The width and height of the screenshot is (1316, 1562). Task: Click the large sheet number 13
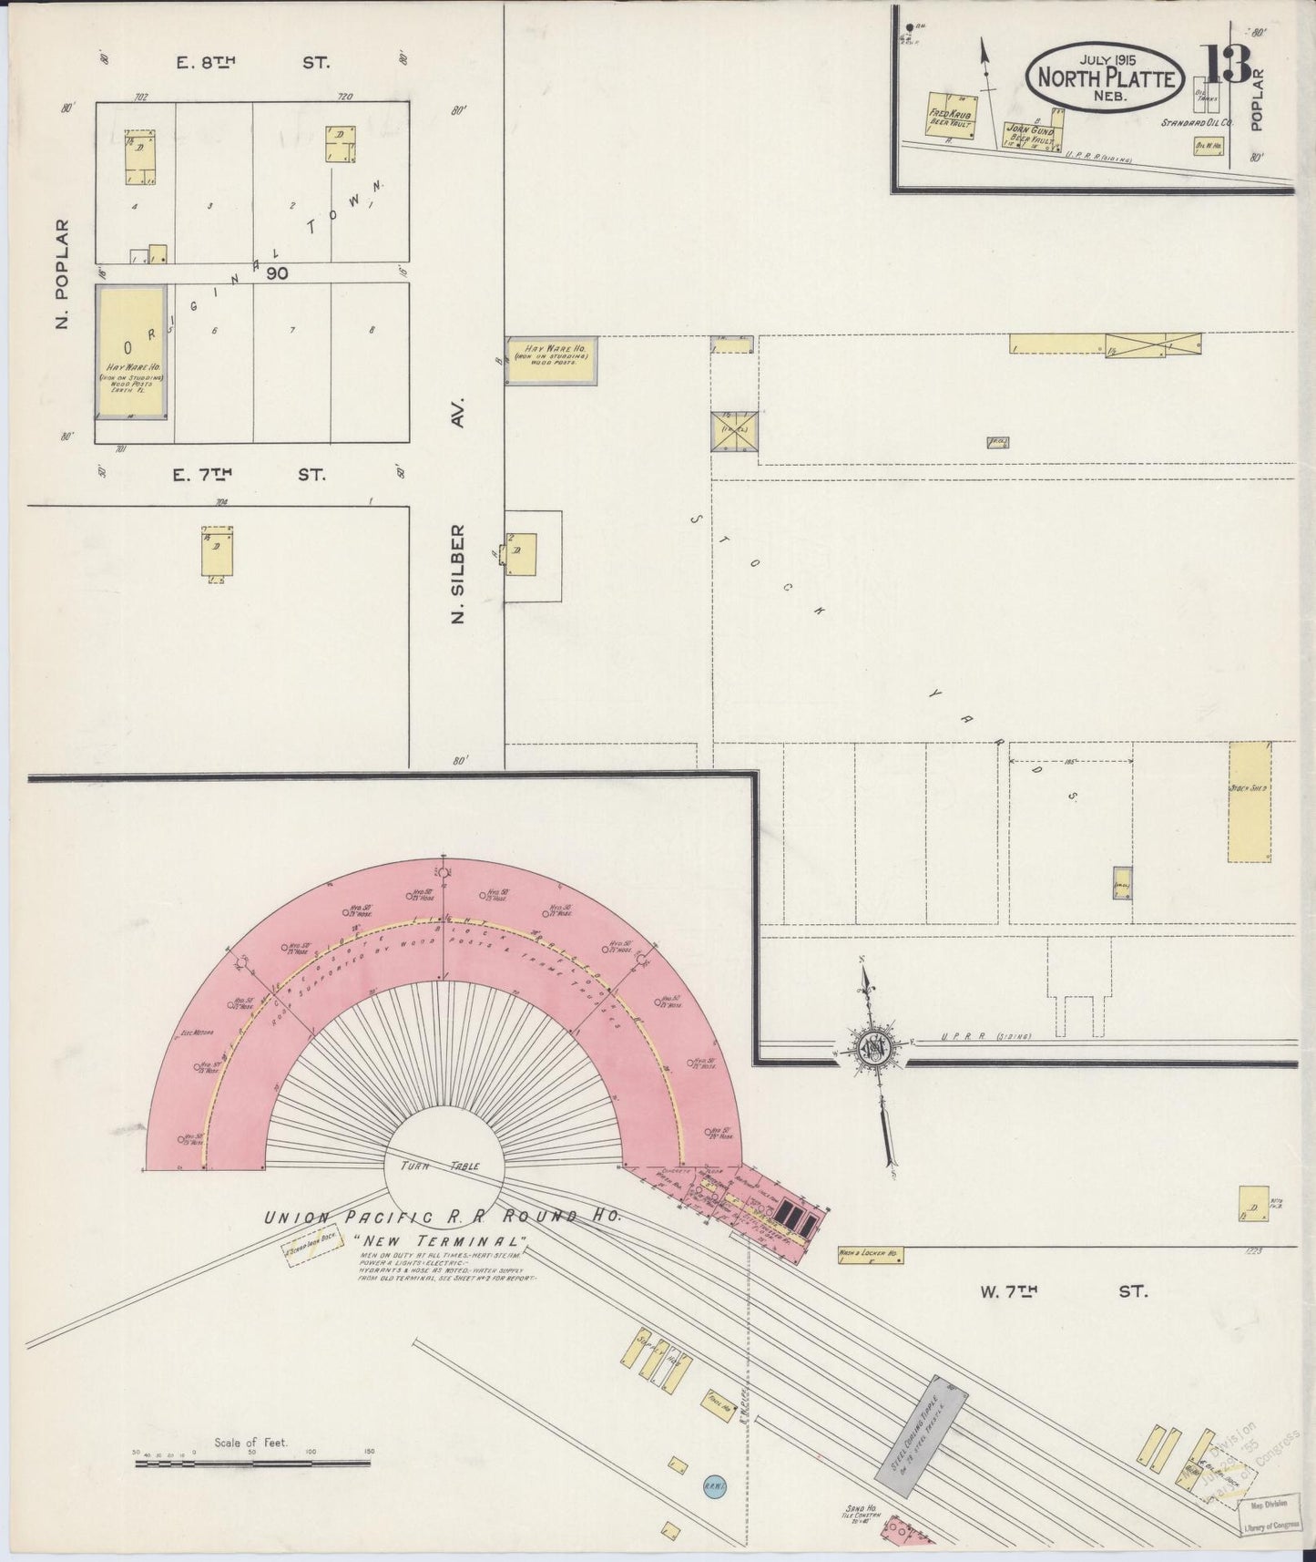(1229, 64)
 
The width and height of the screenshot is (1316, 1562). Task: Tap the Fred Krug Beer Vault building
(946, 116)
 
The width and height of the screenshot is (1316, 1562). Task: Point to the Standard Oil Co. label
(1197, 121)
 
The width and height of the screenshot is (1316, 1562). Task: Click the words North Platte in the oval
(1106, 78)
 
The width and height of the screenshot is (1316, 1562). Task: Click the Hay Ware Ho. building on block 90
(131, 353)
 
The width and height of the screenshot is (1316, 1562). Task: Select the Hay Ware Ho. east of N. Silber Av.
(552, 360)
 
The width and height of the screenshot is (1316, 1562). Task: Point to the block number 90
(277, 272)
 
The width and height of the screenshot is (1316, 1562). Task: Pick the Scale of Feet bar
(252, 1464)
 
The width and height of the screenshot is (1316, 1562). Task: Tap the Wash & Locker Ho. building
(869, 1255)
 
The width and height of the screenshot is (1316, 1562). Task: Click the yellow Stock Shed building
(1249, 801)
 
